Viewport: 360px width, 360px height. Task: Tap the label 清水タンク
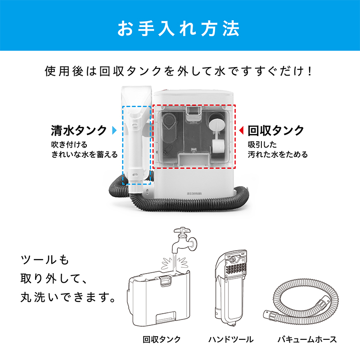(79, 130)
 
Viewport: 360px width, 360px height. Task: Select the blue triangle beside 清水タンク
(114, 131)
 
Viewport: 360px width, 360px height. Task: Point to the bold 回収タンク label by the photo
(276, 130)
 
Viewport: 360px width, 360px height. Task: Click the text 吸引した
(262, 144)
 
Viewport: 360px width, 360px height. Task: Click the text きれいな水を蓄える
(84, 154)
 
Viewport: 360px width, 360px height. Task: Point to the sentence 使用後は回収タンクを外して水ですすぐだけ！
(179, 72)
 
